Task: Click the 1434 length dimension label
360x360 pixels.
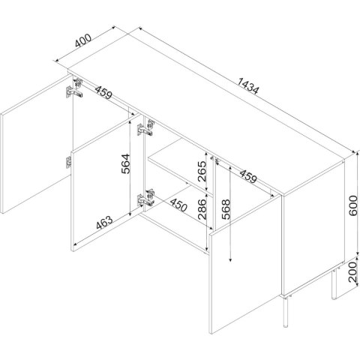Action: [247, 86]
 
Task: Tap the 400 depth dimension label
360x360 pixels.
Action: [83, 40]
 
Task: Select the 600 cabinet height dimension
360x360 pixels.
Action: [353, 205]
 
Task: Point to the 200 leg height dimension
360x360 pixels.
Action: [353, 272]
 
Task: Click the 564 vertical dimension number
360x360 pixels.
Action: [126, 163]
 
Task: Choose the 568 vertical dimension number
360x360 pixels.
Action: [226, 209]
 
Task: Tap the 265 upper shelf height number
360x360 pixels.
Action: [202, 171]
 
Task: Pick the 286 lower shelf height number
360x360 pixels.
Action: [202, 209]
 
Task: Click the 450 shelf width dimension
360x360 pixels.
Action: [178, 205]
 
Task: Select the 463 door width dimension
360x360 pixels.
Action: [104, 222]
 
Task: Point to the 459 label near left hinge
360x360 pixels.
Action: [103, 92]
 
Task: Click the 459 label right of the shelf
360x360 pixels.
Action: [248, 176]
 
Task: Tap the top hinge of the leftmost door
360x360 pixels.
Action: [74, 89]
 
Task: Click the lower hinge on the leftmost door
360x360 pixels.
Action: [68, 163]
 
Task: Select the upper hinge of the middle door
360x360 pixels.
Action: [145, 128]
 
